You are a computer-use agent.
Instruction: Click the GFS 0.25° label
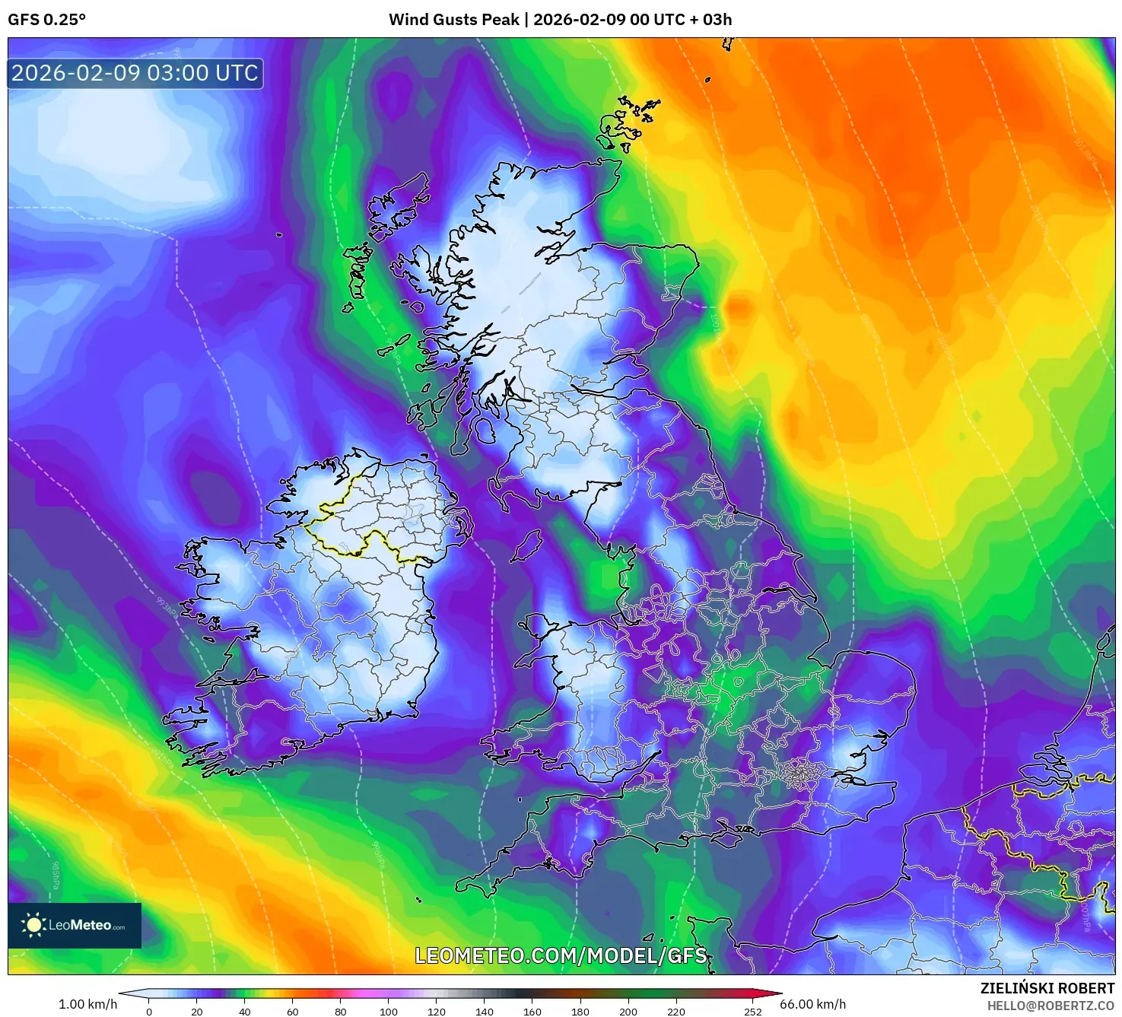tap(46, 20)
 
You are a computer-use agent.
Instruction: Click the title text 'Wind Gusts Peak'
tap(454, 20)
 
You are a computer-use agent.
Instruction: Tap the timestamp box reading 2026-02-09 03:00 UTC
tap(135, 74)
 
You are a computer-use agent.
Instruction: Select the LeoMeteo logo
tap(75, 925)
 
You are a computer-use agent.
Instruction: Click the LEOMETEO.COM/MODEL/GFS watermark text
tap(561, 955)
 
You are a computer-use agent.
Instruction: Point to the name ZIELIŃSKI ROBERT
tap(1047, 988)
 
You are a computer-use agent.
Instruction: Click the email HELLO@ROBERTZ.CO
tap(1050, 1006)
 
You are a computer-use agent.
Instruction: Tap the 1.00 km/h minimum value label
tap(87, 1004)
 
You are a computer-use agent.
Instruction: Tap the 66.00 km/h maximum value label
tap(812, 1004)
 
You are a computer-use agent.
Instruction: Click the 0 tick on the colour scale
tap(149, 1012)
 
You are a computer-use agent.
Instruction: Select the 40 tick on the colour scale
tap(244, 1012)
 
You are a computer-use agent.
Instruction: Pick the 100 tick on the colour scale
tap(389, 1012)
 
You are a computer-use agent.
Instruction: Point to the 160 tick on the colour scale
tap(532, 1012)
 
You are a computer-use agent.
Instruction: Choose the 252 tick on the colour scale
tap(752, 1012)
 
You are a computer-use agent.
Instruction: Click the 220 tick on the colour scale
tap(676, 1012)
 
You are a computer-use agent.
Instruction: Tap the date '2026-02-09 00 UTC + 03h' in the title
tap(632, 20)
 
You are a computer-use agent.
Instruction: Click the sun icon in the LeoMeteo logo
tap(34, 925)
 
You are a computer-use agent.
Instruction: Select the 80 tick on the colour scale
tap(341, 1012)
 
